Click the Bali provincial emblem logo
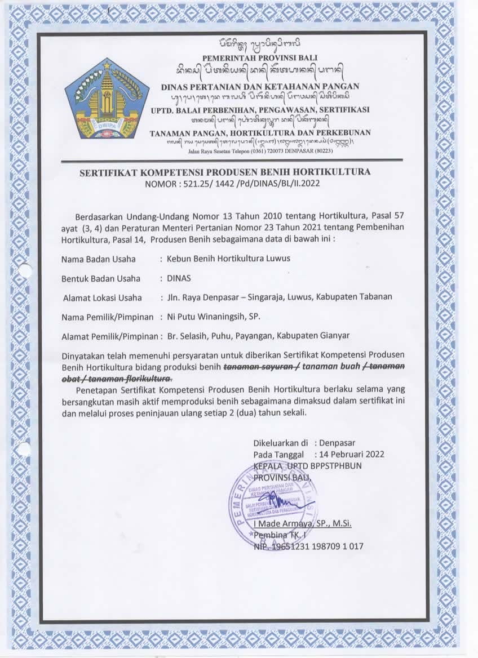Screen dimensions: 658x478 point(107,99)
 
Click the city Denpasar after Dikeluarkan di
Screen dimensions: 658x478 point(342,443)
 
